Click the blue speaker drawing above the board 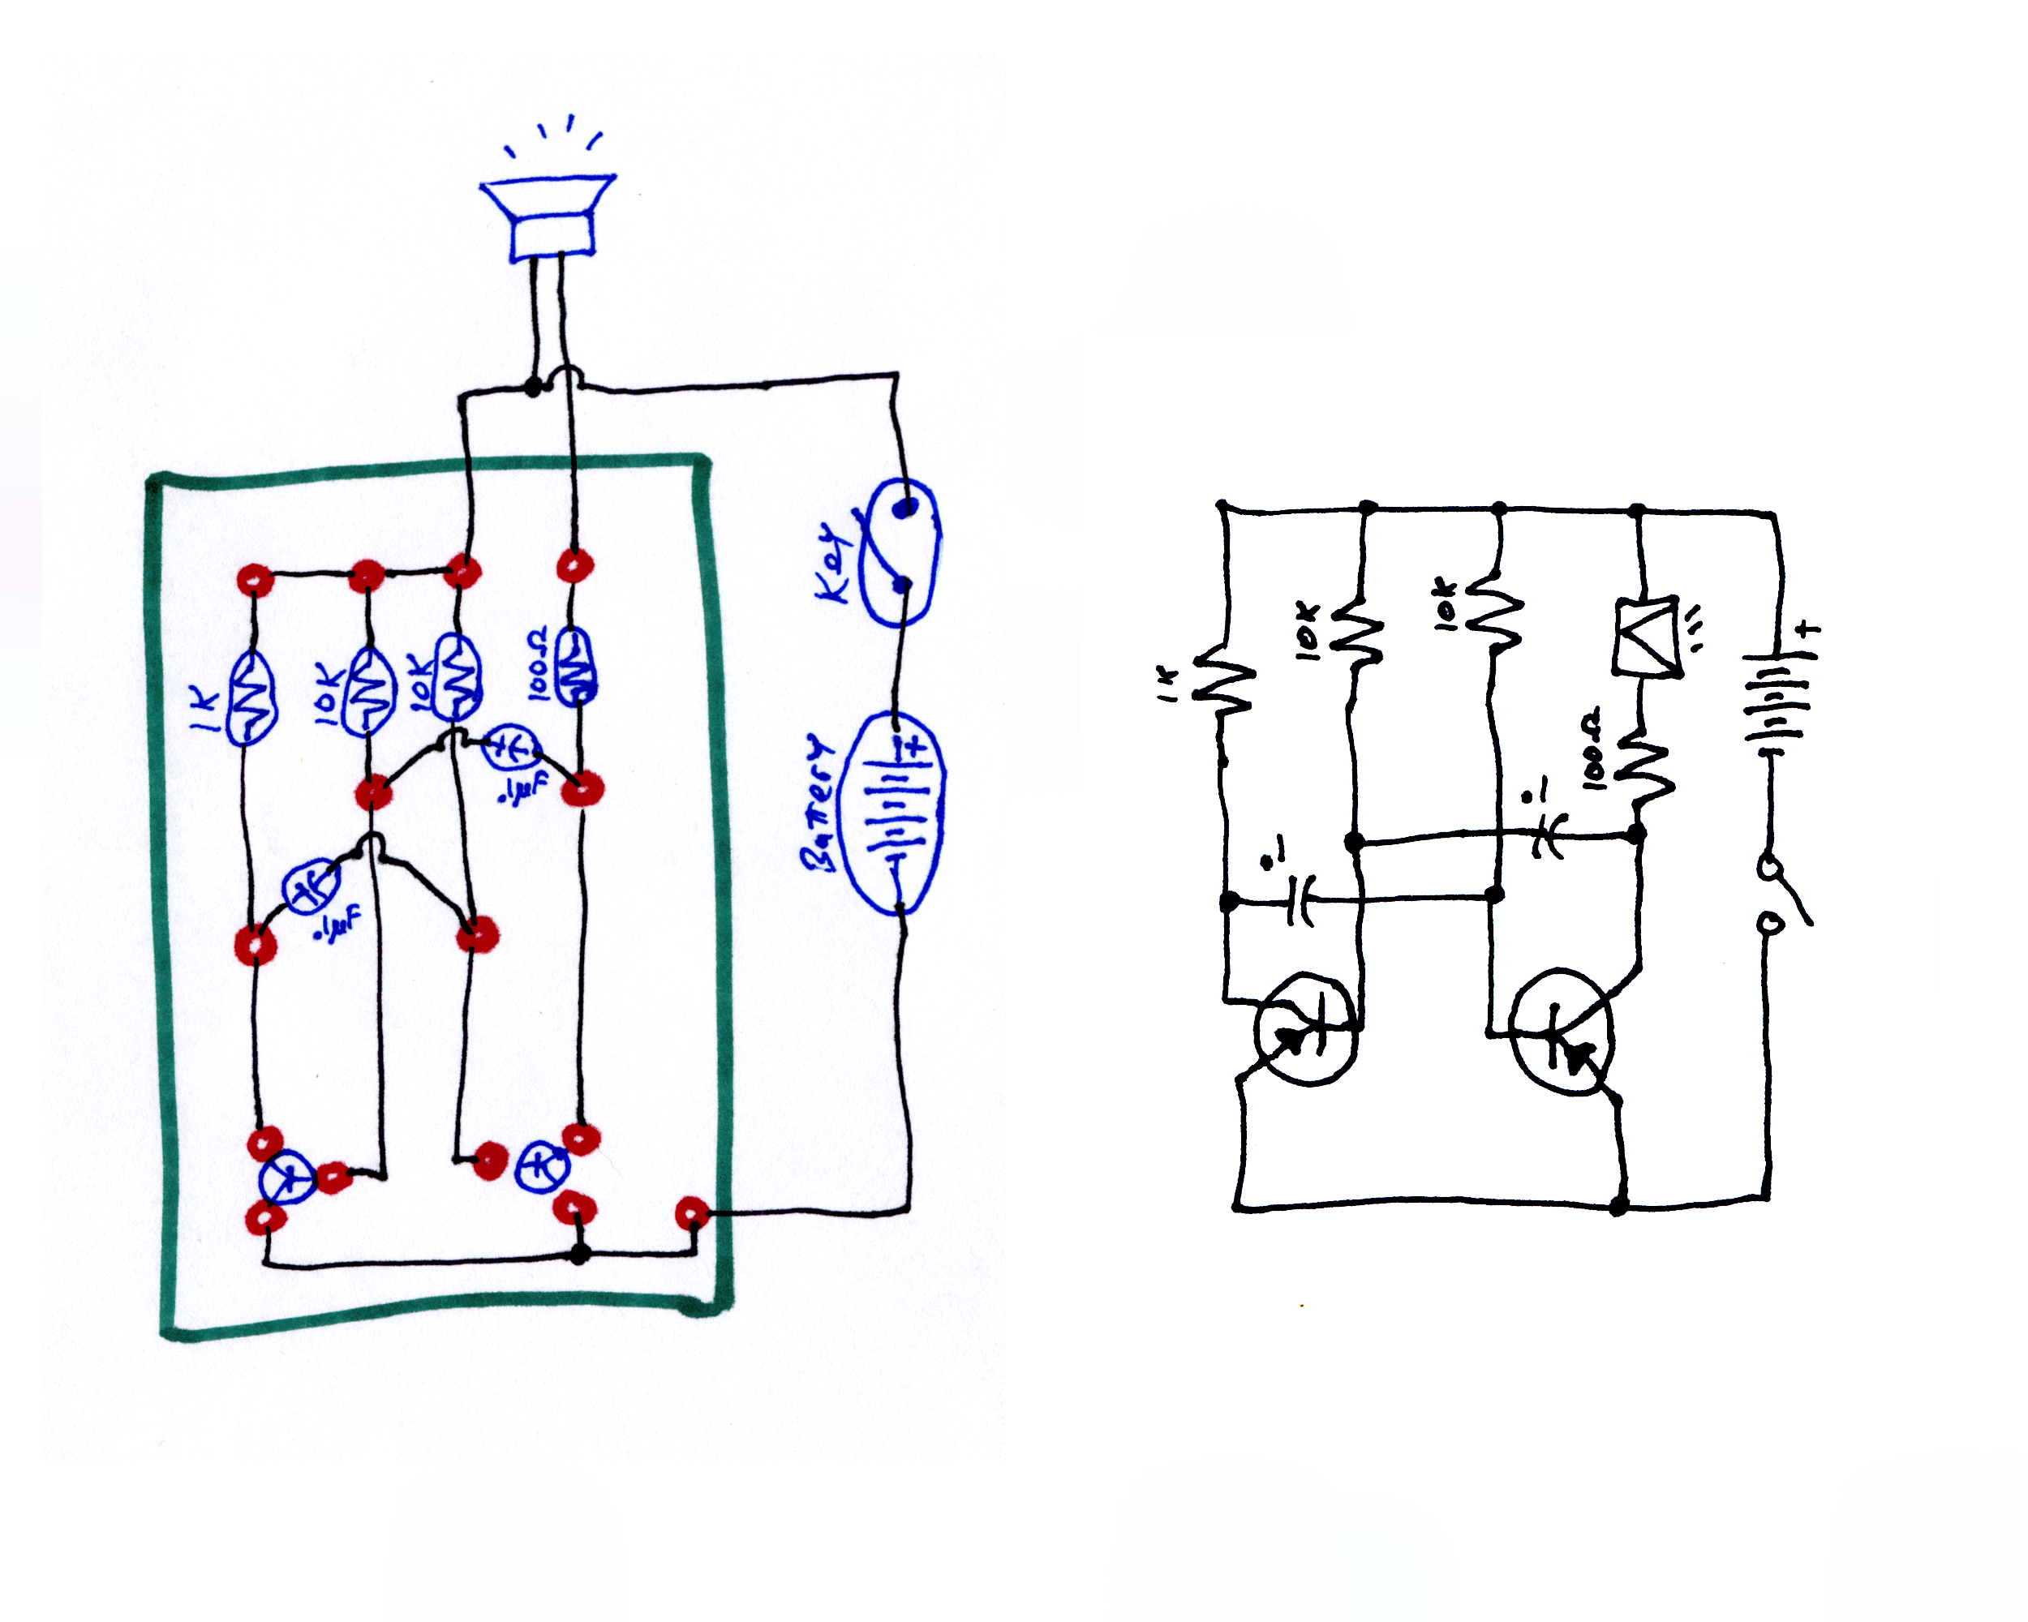click(x=549, y=217)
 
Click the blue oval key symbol click(x=901, y=552)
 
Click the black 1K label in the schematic click(x=1167, y=684)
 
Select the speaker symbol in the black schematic click(x=1646, y=637)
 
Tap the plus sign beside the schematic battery click(x=1807, y=630)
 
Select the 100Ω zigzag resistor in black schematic click(x=1644, y=768)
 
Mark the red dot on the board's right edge click(x=692, y=1213)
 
